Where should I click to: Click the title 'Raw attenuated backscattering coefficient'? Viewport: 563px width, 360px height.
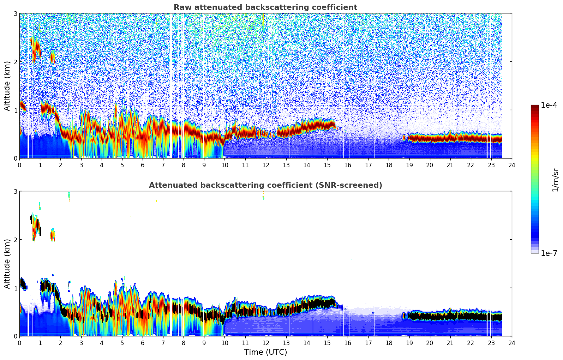pos(265,7)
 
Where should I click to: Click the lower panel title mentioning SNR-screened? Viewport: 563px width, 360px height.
pos(265,185)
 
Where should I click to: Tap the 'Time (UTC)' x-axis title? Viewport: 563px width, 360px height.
pos(265,352)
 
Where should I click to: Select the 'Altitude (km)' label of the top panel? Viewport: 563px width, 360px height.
pos(7,86)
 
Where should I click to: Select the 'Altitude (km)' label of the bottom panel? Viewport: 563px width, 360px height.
pos(7,264)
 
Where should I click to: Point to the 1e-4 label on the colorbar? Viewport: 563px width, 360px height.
pos(549,105)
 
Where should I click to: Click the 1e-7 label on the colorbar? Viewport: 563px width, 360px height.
pos(549,253)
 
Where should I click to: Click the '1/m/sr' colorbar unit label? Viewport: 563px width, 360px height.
pos(555,180)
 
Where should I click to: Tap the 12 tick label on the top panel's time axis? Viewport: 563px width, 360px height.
pos(265,165)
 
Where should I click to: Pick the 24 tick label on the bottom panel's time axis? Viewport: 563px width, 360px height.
pos(511,343)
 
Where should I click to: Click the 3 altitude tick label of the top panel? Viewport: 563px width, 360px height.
pos(16,13)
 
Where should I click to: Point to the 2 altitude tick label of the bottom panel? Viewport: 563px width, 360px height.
pos(16,240)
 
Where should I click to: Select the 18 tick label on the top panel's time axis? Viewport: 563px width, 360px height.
pos(389,165)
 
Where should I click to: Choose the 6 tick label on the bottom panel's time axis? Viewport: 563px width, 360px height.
pos(143,343)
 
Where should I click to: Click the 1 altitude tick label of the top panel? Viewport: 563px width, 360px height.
pos(16,110)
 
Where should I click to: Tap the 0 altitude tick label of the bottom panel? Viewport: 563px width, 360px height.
pos(16,336)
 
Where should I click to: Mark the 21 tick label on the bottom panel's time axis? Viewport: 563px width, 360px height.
pos(450,343)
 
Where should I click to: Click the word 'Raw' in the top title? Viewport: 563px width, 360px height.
pos(181,7)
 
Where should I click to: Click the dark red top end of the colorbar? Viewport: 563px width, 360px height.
pos(535,107)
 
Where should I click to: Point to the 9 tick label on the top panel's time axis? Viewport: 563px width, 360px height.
pos(204,165)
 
